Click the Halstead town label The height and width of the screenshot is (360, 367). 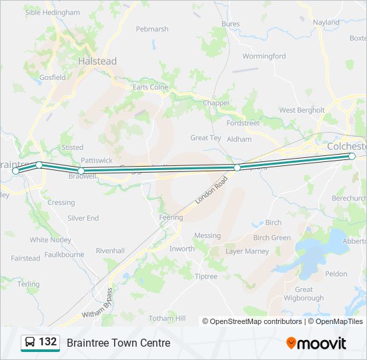97,61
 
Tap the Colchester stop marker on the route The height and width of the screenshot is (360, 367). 352,156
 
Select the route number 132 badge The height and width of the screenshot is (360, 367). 39,342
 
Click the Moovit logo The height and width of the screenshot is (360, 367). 316,343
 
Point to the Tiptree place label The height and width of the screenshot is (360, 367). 206,276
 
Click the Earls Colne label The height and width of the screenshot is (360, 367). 151,87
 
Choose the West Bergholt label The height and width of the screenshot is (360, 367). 302,110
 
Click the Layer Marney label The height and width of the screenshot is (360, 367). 247,251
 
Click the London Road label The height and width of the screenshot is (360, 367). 212,191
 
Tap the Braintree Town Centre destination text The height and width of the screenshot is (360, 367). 118,343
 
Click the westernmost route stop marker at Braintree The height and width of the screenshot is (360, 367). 16,171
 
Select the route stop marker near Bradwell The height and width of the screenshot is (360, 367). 81,171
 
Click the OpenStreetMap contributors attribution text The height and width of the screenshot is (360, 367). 254,321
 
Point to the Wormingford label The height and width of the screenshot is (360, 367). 264,56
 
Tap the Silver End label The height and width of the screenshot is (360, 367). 83,218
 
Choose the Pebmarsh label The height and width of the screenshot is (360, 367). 152,29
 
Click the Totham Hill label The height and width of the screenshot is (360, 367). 167,319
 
